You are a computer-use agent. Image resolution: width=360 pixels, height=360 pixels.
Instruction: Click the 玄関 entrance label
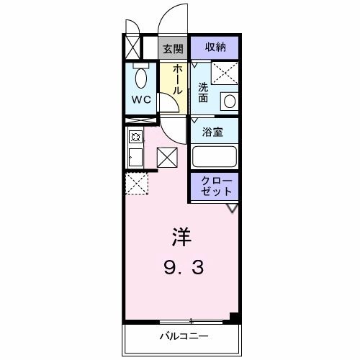tap(172, 48)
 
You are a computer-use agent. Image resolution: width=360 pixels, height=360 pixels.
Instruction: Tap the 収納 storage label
tap(215, 48)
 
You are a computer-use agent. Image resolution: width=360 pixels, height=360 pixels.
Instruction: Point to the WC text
tap(141, 100)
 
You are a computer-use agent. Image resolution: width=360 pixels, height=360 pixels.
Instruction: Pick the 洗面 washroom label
tap(204, 93)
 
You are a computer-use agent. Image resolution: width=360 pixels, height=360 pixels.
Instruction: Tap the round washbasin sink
tap(228, 101)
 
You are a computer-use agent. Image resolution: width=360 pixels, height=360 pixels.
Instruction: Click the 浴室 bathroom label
tap(214, 132)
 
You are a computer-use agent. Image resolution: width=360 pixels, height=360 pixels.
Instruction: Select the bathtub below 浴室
tap(215, 157)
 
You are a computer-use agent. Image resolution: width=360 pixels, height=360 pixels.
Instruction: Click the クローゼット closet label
tap(215, 186)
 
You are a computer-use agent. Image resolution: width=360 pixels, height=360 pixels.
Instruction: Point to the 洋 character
tap(180, 235)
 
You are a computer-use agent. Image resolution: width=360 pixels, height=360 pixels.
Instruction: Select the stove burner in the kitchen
tap(135, 135)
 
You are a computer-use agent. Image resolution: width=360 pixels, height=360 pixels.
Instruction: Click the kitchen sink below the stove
tap(135, 156)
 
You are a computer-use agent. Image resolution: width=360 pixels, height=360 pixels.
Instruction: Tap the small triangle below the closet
tap(232, 208)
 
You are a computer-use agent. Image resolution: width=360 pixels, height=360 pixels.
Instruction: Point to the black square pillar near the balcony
tap(234, 316)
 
